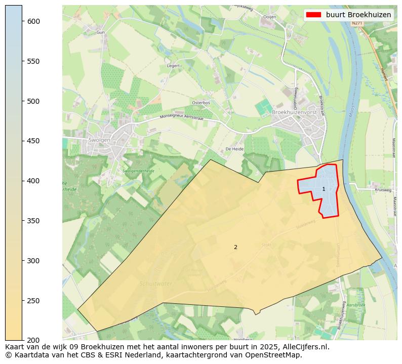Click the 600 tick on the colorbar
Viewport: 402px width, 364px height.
tap(22, 21)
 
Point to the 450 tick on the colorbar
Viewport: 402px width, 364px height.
tap(22, 141)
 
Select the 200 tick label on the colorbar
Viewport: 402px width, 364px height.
tap(33, 340)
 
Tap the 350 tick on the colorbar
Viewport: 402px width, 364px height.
tap(22, 221)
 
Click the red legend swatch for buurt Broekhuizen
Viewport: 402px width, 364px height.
tap(313, 15)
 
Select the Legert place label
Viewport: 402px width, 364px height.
tap(173, 66)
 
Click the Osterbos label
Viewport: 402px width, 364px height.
tap(200, 103)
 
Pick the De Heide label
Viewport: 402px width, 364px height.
tap(234, 149)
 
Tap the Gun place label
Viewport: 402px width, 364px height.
tap(100, 32)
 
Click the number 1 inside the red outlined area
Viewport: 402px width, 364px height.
tap(324, 189)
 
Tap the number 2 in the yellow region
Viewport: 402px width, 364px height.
tap(235, 247)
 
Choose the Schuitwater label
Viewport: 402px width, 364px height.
tap(156, 284)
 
